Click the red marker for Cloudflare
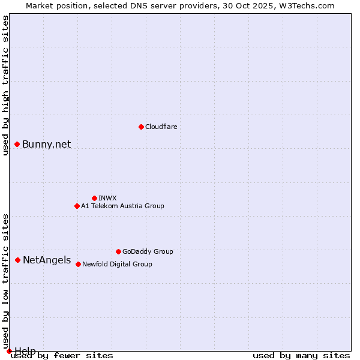click(x=141, y=127)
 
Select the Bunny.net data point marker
click(x=17, y=144)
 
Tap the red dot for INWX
click(x=94, y=198)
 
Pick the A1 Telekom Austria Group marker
click(x=77, y=206)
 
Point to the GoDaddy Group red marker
click(x=118, y=251)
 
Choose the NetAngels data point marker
click(x=18, y=260)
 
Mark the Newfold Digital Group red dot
click(x=78, y=264)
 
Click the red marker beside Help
click(x=9, y=351)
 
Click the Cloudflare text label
click(x=161, y=127)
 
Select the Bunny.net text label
click(x=46, y=144)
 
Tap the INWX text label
click(x=107, y=198)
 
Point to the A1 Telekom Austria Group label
click(x=122, y=206)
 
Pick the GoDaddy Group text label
click(x=148, y=251)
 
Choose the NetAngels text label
click(x=46, y=260)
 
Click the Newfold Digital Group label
click(x=117, y=264)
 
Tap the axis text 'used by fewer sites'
click(x=62, y=355)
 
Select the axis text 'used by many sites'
click(x=301, y=355)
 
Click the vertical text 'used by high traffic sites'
click(x=5, y=85)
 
